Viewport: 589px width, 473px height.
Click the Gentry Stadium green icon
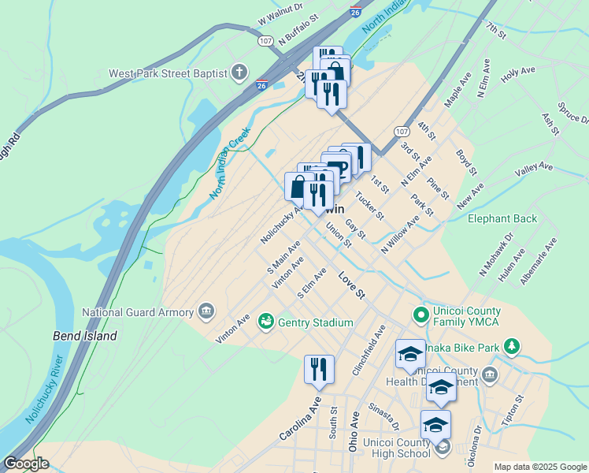click(265, 322)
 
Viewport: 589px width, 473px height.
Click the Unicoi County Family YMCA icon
click(421, 316)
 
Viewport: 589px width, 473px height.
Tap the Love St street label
click(352, 286)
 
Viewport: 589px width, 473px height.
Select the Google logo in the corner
click(26, 464)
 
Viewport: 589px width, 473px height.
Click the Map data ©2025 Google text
click(539, 466)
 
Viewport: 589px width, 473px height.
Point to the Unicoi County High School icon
click(443, 448)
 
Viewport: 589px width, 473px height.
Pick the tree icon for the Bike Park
click(512, 346)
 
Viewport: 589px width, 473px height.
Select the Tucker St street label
click(369, 206)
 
